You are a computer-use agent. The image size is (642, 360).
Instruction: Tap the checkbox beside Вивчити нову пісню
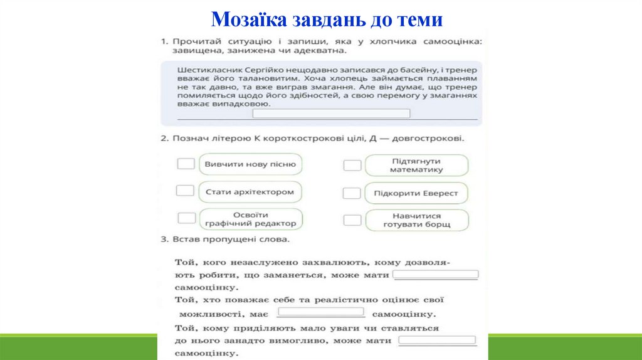(186, 164)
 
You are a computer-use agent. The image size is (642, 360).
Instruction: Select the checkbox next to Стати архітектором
(185, 191)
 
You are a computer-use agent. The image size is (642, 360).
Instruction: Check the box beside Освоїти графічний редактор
(187, 218)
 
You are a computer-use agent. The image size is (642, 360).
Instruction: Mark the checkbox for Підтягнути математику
(352, 166)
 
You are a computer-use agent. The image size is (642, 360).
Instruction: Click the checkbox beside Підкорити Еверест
(352, 193)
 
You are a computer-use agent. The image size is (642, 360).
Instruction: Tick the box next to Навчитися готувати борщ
(352, 220)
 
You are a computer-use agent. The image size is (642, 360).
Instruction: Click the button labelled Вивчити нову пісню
(250, 164)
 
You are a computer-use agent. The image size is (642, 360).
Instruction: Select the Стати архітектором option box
(250, 192)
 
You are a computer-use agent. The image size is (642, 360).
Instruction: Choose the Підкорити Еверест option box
(416, 193)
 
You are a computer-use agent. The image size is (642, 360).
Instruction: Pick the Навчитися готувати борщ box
(416, 220)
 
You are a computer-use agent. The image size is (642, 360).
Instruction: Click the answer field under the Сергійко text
(331, 114)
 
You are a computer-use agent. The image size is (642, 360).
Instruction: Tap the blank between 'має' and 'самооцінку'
(321, 312)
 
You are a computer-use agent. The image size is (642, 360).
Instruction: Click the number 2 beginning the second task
(163, 138)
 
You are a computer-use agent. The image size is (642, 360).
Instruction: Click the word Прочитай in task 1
(197, 41)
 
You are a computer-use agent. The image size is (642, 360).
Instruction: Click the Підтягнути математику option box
(416, 166)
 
